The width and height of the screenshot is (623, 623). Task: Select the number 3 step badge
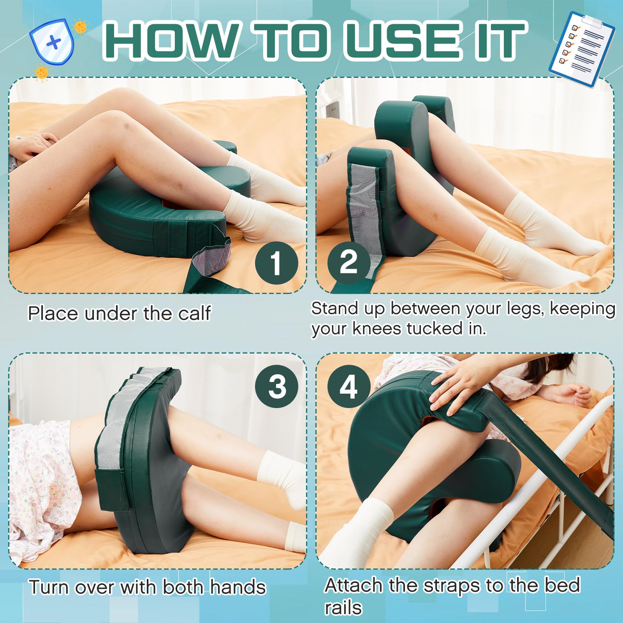coord(277,387)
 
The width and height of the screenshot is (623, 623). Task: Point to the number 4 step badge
coord(348,387)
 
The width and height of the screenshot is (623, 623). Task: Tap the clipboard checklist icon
coord(581,49)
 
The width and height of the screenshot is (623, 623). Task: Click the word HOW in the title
coord(171,41)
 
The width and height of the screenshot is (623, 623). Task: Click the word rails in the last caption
coord(343,608)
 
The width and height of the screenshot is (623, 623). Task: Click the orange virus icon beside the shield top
coord(81,27)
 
